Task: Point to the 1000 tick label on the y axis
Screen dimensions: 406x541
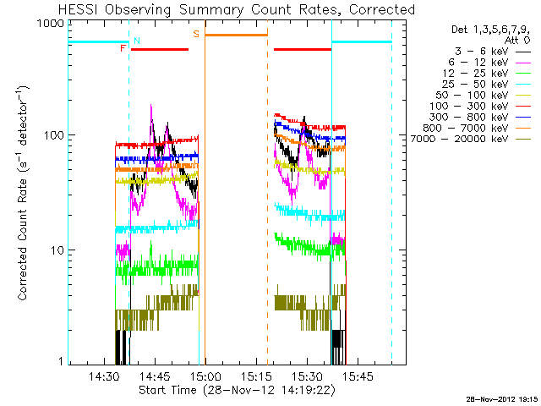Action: coord(52,24)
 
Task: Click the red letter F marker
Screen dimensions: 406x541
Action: coord(123,49)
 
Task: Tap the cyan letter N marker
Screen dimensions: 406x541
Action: coord(138,41)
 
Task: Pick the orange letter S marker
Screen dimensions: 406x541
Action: coord(196,34)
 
